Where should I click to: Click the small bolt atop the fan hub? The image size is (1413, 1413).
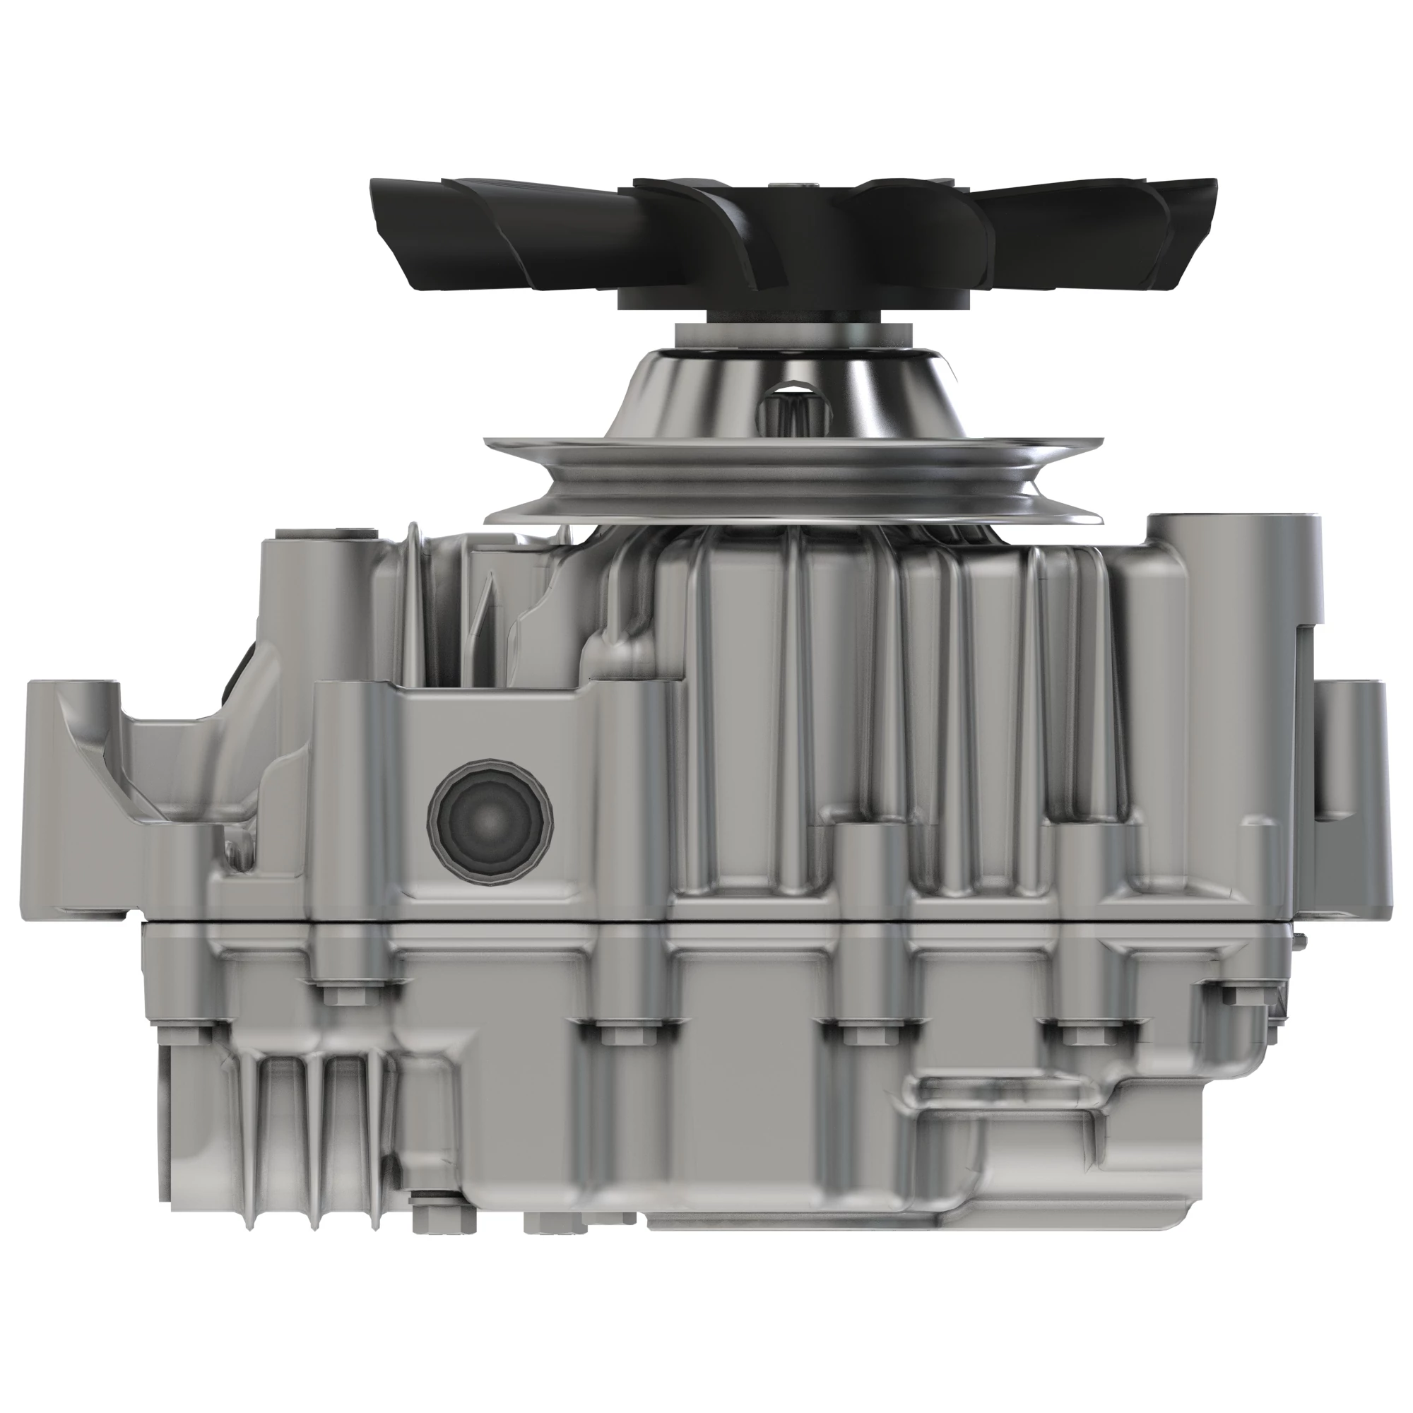(x=803, y=187)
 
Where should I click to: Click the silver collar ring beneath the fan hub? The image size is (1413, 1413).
(x=793, y=336)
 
